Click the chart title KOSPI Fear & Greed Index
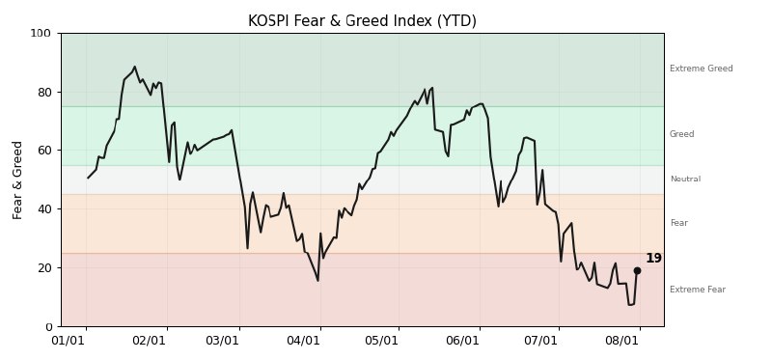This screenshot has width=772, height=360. click(362, 21)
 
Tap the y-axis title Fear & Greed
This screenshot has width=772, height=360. click(17, 180)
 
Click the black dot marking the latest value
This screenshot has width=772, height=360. click(637, 271)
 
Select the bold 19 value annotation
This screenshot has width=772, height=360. click(654, 259)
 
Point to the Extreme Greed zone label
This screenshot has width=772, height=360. click(702, 69)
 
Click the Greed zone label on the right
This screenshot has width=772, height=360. click(682, 134)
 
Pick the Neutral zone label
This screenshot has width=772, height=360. click(685, 179)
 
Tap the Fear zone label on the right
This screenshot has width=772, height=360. click(679, 223)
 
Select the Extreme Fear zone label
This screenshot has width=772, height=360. click(698, 290)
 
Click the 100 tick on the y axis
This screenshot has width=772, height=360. click(41, 34)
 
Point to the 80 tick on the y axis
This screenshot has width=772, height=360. click(43, 92)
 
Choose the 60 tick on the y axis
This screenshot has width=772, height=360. click(43, 151)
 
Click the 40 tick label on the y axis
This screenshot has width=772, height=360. click(43, 209)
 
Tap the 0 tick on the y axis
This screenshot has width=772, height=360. click(47, 326)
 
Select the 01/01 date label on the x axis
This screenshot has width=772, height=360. click(68, 341)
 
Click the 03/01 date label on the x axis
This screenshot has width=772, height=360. click(222, 341)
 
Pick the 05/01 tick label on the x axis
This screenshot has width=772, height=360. click(381, 341)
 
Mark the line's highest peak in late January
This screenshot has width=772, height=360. click(134, 67)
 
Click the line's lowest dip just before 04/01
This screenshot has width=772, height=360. click(318, 281)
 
